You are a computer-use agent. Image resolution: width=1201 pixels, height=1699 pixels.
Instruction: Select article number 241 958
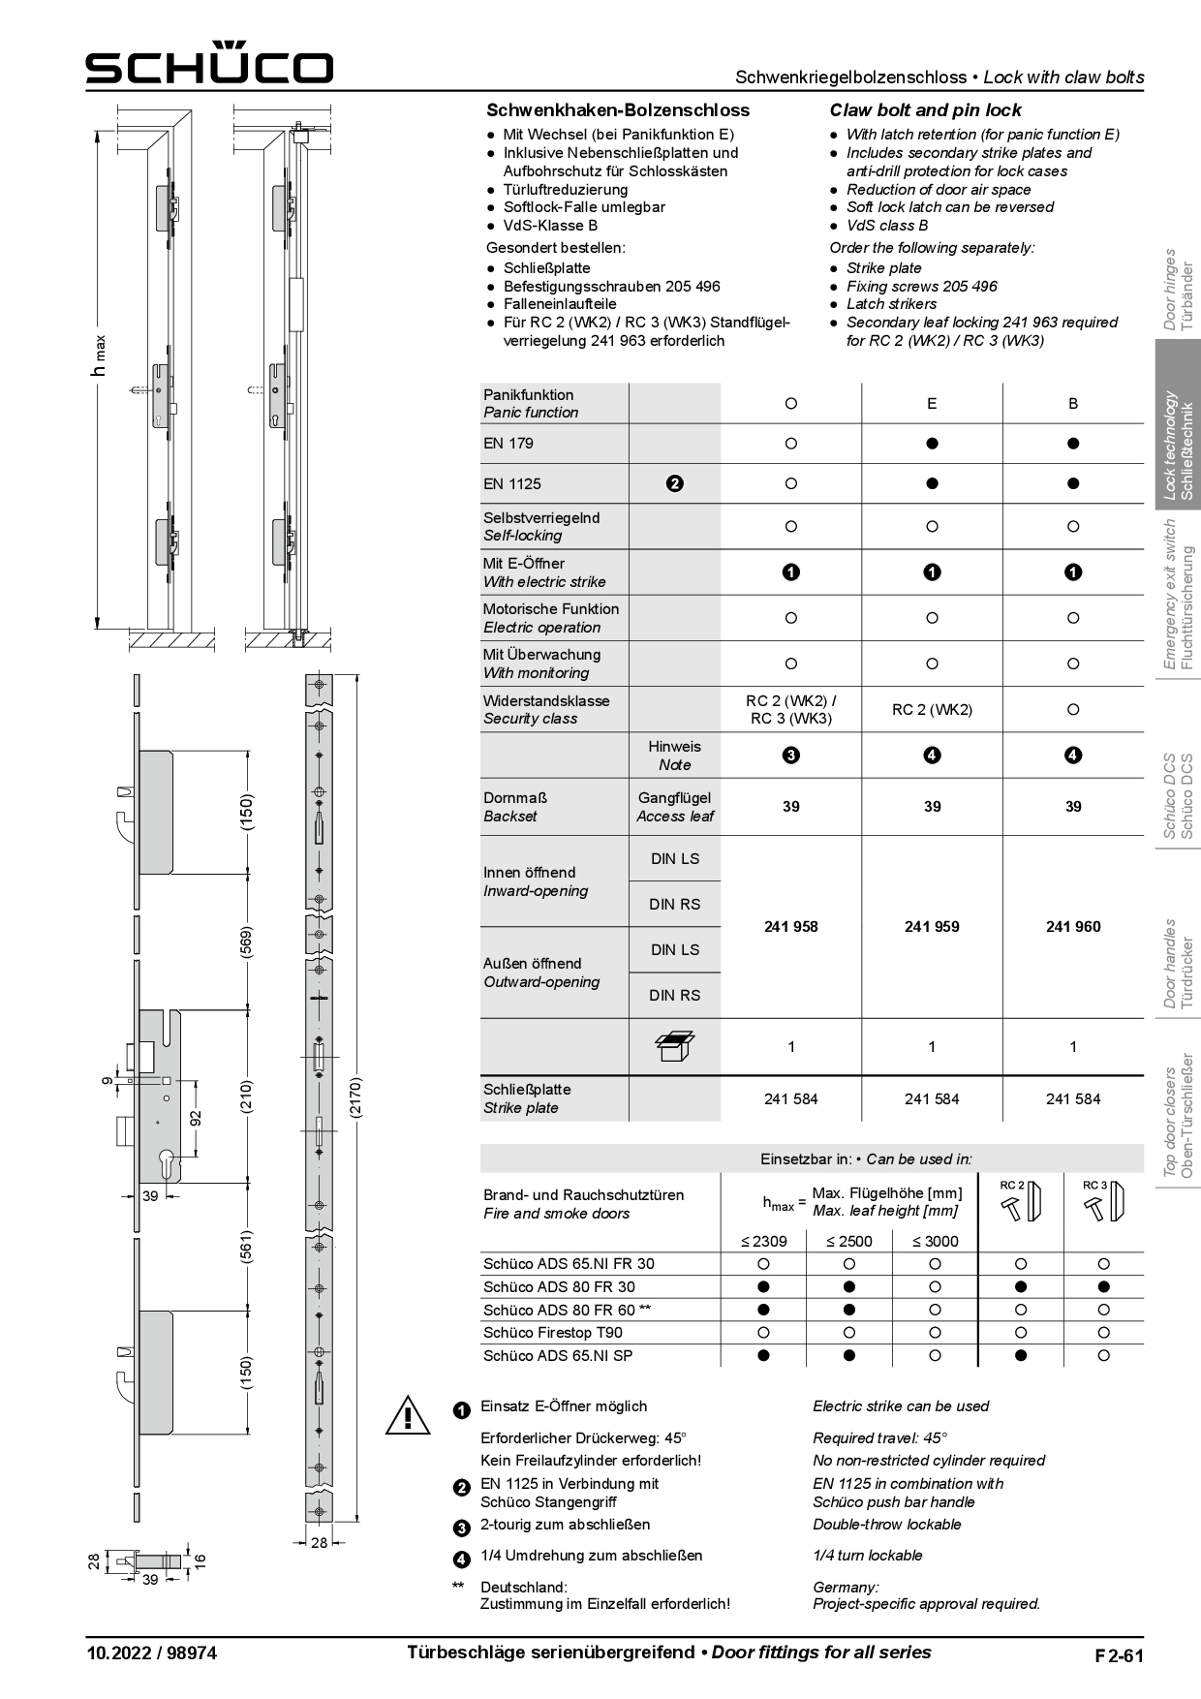[x=790, y=927]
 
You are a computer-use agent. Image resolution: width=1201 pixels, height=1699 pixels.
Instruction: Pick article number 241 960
[x=1072, y=927]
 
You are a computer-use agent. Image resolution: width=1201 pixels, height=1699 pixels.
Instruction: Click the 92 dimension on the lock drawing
[x=196, y=1118]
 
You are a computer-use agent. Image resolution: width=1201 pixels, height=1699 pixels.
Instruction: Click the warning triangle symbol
[x=408, y=1415]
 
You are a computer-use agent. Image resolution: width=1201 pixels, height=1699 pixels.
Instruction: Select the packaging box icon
[x=675, y=1046]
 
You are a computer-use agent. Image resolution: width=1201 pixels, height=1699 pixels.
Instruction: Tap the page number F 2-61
[x=1119, y=1655]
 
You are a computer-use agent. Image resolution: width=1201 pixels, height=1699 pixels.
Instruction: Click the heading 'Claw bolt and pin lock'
[x=925, y=110]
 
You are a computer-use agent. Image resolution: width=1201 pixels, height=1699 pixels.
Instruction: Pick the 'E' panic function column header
[x=932, y=403]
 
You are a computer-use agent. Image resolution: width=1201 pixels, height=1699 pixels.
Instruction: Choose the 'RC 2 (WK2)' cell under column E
[x=932, y=709]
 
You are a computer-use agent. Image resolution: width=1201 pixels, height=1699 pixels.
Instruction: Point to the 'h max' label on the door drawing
[x=98, y=356]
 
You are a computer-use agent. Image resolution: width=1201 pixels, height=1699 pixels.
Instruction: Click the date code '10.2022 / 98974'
[x=150, y=1653]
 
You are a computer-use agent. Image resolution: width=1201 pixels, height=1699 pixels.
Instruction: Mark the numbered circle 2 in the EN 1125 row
[x=675, y=483]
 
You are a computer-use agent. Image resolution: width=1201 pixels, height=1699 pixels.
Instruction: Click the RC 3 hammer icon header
[x=1103, y=1200]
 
